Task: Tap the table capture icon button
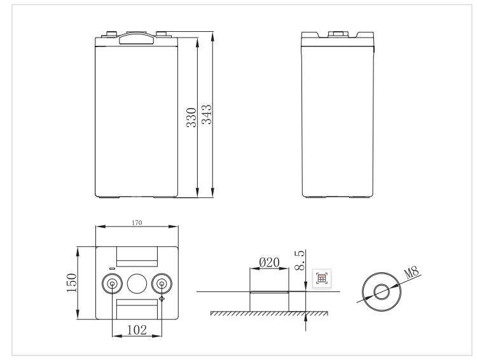(x=322, y=277)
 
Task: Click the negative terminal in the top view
(x=112, y=284)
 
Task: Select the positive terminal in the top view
(x=162, y=284)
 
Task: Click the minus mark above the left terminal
(x=112, y=268)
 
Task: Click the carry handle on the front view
(x=137, y=39)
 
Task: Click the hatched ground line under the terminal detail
(x=268, y=314)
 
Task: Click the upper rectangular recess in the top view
(x=137, y=256)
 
